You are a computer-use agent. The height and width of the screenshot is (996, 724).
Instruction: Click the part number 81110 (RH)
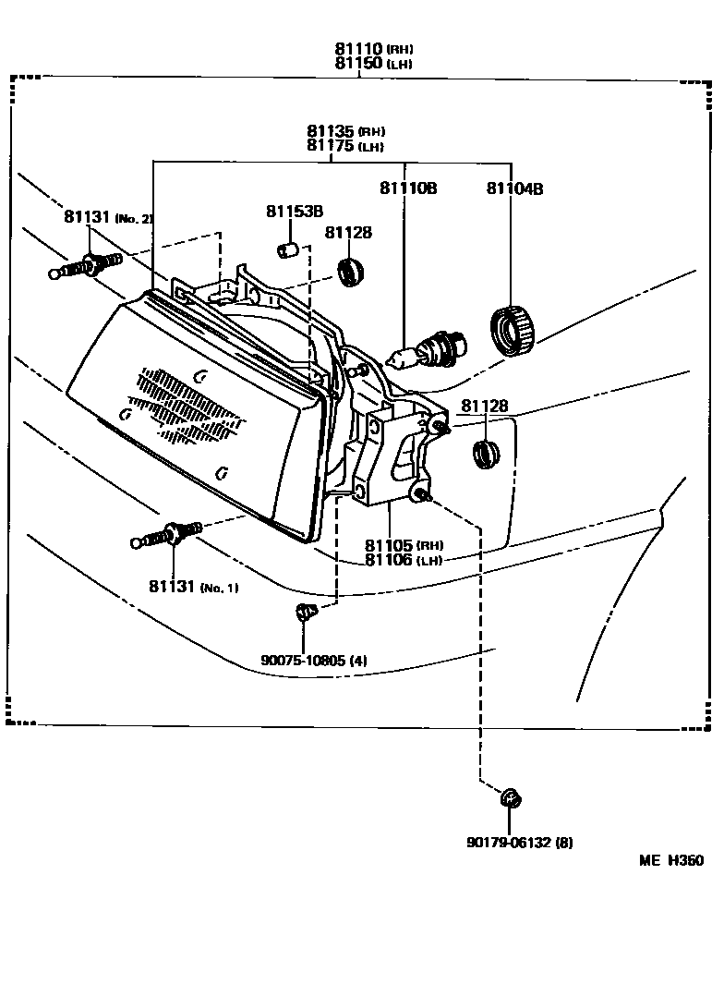[x=373, y=49]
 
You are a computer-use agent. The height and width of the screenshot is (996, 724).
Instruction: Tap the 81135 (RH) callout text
[x=345, y=131]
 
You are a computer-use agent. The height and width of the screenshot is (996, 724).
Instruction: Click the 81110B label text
[x=407, y=188]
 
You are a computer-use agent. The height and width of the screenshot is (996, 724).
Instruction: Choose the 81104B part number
[x=514, y=188]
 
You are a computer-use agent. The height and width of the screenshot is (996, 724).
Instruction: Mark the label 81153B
[x=294, y=212]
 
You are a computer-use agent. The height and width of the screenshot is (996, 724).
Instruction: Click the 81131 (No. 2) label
[x=108, y=217]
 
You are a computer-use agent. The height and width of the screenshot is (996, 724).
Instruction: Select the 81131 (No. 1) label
[x=193, y=588]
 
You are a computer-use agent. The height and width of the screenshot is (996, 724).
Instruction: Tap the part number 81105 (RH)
[x=404, y=545]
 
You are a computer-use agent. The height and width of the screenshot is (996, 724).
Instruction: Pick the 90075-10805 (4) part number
[x=314, y=661]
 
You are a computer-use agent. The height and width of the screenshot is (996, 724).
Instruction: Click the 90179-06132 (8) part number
[x=519, y=843]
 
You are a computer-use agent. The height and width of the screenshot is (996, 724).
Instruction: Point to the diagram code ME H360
[x=671, y=861]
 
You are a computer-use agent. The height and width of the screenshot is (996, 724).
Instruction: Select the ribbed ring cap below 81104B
[x=513, y=329]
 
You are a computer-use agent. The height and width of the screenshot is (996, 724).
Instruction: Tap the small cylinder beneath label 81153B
[x=287, y=249]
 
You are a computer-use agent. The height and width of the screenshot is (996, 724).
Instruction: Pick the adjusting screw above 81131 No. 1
[x=167, y=535]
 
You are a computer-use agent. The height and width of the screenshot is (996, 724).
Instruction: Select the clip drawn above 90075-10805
[x=304, y=612]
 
